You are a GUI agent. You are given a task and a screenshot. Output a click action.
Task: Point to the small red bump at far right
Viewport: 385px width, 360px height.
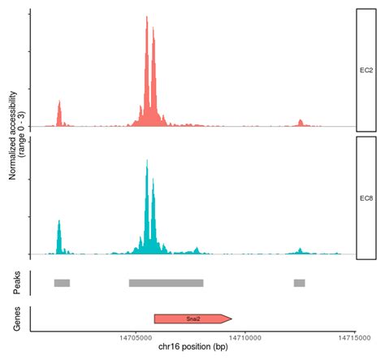coord(300,123)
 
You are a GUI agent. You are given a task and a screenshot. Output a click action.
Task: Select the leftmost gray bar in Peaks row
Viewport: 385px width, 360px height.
coord(62,283)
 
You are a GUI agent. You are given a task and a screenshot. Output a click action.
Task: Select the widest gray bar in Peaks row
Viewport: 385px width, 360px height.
coord(166,283)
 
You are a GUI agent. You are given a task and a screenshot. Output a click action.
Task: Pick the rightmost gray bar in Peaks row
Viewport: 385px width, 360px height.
coord(300,283)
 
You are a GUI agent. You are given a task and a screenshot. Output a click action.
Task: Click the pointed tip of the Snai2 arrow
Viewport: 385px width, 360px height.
coord(231,319)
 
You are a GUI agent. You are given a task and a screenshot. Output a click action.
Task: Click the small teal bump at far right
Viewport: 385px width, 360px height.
coord(300,249)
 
